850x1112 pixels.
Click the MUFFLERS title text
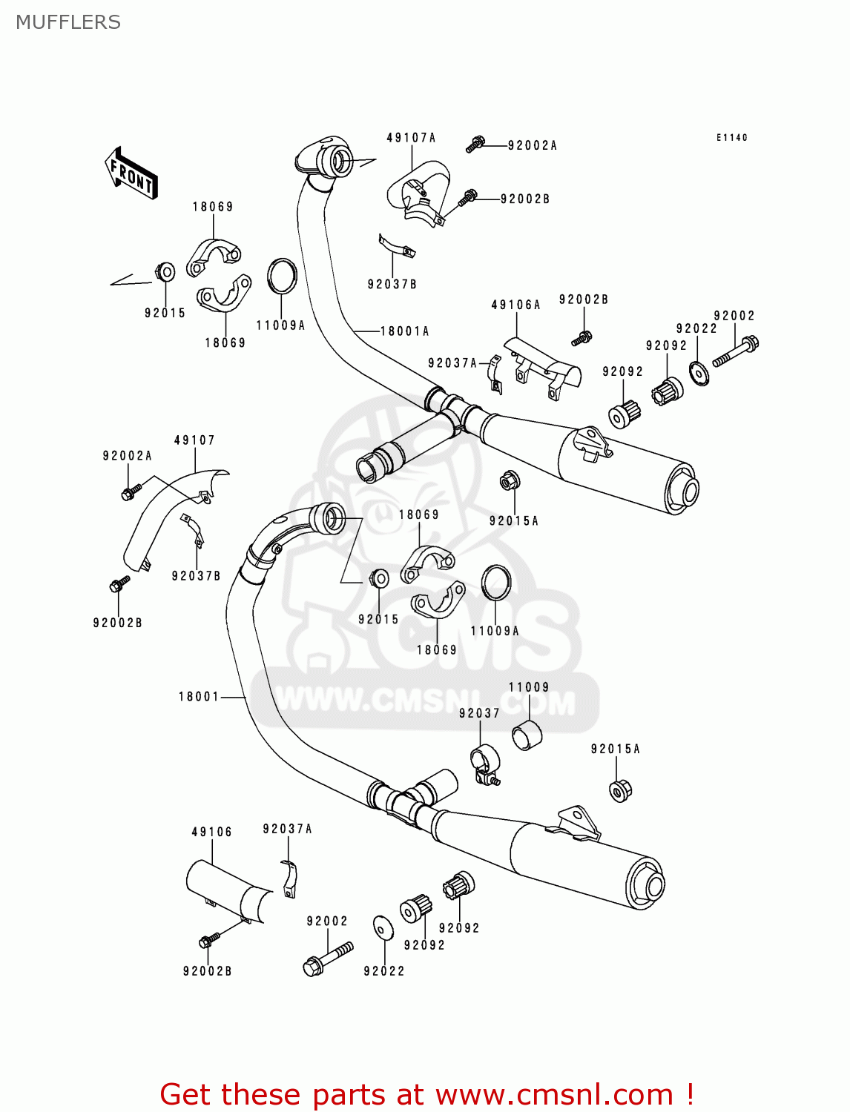click(x=68, y=22)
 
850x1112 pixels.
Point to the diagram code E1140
click(x=731, y=138)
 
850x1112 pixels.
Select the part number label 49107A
click(x=411, y=138)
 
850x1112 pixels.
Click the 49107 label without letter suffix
click(x=194, y=440)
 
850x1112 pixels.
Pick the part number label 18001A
click(x=404, y=331)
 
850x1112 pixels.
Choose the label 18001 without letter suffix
click(x=199, y=697)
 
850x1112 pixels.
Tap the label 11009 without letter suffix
click(x=529, y=687)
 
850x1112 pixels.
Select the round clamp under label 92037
click(x=485, y=762)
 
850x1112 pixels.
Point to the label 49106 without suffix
click(x=211, y=832)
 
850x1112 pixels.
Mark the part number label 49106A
click(x=515, y=305)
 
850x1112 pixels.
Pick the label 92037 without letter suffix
click(x=479, y=713)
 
